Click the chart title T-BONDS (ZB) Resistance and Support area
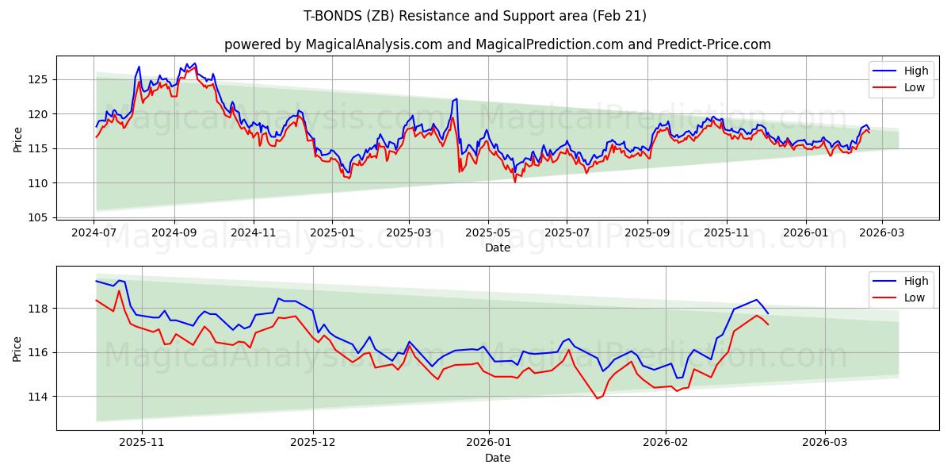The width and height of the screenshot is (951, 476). click(475, 16)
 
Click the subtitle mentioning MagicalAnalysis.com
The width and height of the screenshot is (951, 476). click(497, 44)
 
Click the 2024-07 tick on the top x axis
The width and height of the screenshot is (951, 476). click(94, 233)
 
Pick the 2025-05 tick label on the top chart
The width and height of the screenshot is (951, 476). click(487, 233)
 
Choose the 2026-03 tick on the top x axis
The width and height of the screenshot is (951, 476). click(882, 233)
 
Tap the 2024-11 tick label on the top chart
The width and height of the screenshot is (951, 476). click(254, 233)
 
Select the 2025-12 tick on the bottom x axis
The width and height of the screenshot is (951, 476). click(313, 443)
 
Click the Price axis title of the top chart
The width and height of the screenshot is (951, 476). click(17, 139)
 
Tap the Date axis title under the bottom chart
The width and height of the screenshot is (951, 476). click(497, 458)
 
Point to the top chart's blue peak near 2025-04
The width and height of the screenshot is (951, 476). click(456, 99)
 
